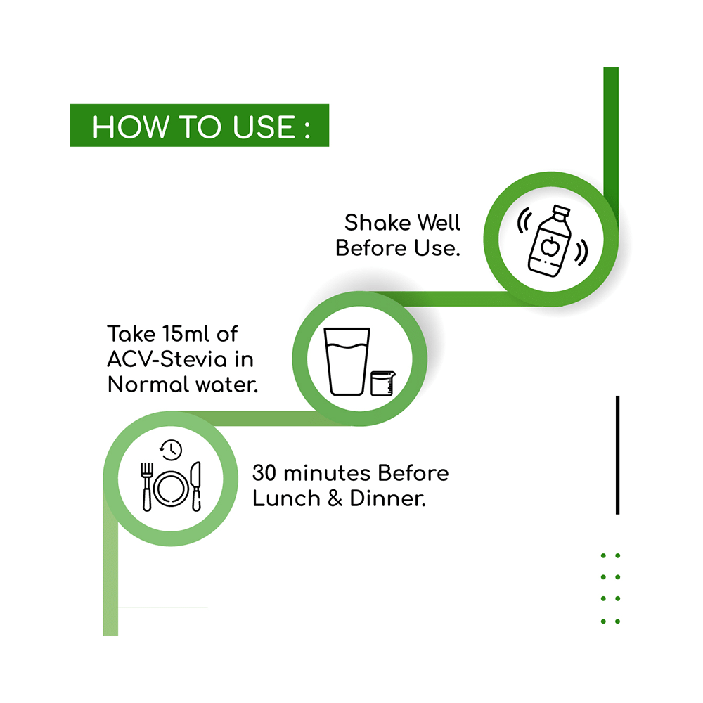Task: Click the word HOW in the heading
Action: (131, 127)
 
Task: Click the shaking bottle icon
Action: (553, 240)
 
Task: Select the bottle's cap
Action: (561, 211)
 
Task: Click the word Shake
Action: (378, 222)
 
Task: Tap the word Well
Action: (439, 222)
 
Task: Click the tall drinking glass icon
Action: (347, 361)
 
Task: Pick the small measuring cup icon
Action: (382, 383)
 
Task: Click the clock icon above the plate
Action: (171, 450)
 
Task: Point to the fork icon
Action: (147, 486)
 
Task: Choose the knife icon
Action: (196, 486)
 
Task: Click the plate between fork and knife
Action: (172, 489)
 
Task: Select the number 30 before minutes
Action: (264, 472)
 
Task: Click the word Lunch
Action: (287, 498)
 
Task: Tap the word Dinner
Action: (388, 498)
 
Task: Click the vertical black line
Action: (617, 455)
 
